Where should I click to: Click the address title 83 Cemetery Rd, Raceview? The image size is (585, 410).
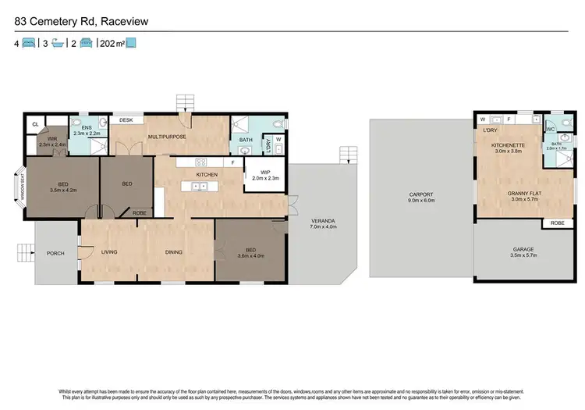click(87, 20)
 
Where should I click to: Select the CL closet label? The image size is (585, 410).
click(35, 124)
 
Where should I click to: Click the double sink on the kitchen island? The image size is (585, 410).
click(199, 187)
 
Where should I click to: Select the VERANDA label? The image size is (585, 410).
click(321, 220)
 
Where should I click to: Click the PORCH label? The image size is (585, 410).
click(55, 253)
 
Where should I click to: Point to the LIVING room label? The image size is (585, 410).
click(108, 251)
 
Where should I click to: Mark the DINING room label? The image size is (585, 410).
click(173, 251)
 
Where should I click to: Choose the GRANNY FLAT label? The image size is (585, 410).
click(526, 192)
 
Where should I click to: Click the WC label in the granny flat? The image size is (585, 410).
click(551, 129)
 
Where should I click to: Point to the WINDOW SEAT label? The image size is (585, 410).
click(23, 187)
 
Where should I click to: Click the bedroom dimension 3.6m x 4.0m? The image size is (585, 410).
click(250, 255)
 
